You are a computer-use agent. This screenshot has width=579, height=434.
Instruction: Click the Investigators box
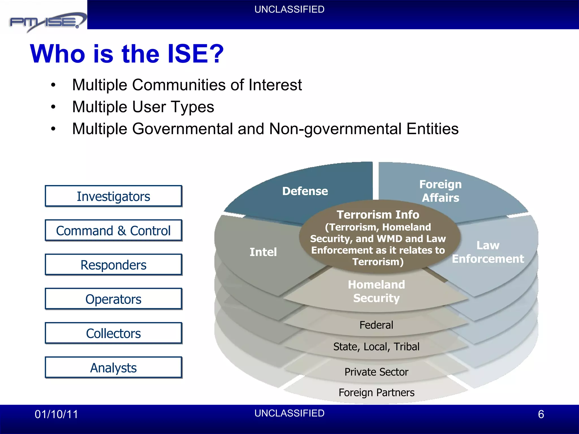click(113, 196)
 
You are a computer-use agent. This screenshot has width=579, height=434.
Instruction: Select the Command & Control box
click(113, 231)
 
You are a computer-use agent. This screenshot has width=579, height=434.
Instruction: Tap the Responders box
click(113, 265)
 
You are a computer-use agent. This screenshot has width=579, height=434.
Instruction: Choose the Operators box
click(113, 299)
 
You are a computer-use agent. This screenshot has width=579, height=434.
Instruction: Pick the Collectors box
click(113, 333)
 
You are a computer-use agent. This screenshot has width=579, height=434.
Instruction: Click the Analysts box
click(113, 368)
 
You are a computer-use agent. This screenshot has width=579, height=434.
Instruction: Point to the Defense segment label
click(305, 191)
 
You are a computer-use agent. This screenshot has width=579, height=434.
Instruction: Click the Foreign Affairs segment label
click(440, 191)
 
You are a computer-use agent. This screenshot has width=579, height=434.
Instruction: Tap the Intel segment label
click(263, 252)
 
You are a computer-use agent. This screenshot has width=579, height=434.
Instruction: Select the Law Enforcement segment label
click(488, 252)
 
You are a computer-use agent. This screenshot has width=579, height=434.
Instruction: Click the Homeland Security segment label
click(376, 291)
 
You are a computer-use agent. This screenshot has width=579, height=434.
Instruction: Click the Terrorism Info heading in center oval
click(378, 215)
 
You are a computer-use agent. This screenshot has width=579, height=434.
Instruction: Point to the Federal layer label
click(376, 325)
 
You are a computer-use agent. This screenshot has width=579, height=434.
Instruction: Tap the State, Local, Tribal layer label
click(376, 346)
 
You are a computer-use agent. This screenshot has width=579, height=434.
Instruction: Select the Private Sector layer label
click(376, 372)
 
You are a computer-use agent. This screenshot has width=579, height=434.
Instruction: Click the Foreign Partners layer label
click(376, 392)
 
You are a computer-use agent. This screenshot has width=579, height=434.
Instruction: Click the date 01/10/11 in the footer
click(56, 414)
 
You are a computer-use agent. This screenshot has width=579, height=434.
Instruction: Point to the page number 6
click(541, 414)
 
